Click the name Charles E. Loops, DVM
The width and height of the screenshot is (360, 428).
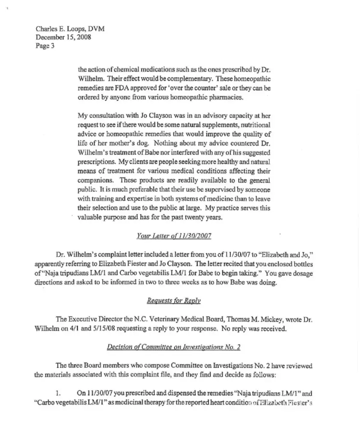70,29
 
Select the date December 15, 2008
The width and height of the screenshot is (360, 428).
63,37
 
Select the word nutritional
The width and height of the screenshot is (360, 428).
252,125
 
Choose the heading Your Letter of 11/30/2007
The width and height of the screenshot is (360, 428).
174,236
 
